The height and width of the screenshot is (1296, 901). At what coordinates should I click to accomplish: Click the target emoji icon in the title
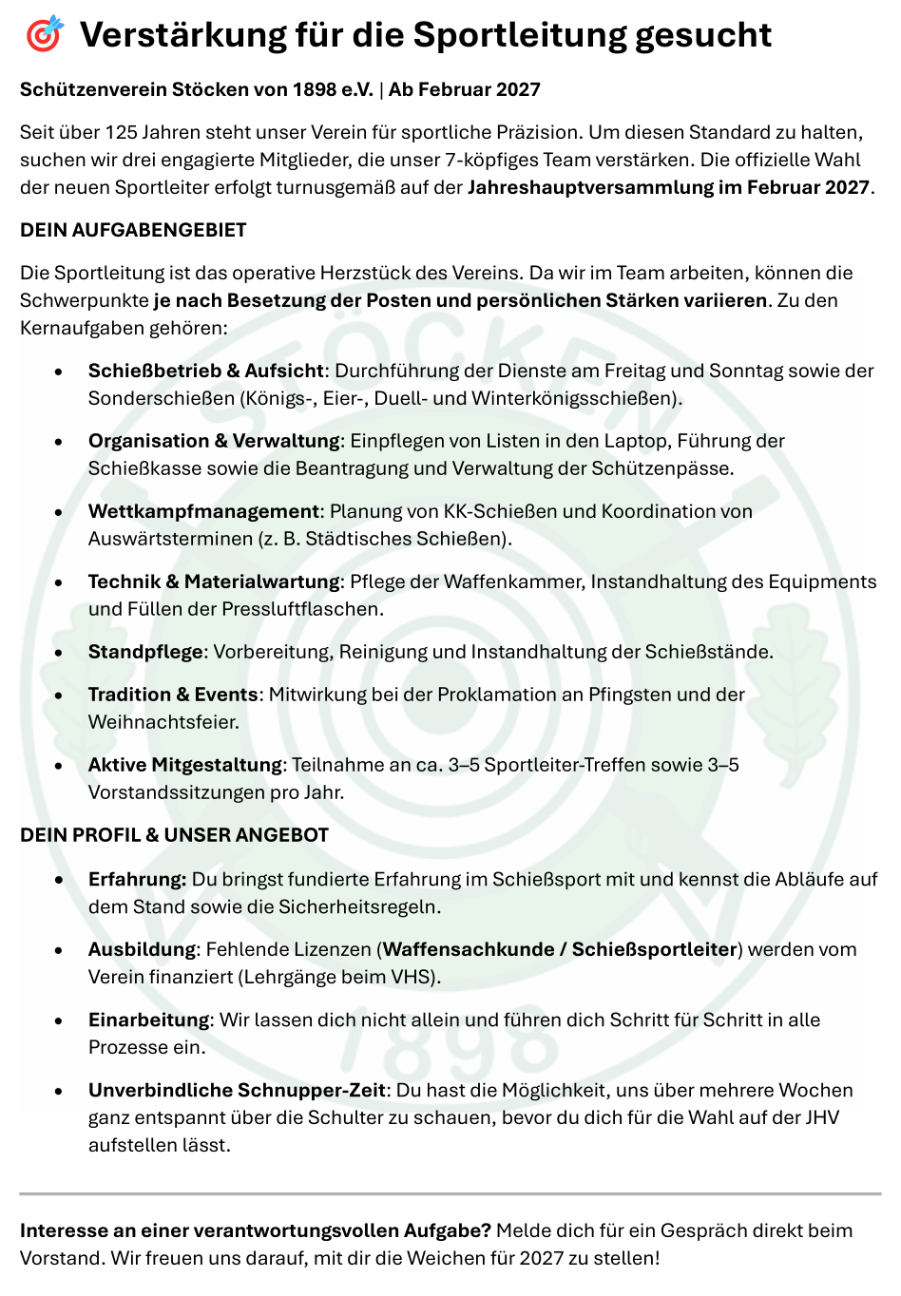[x=44, y=35]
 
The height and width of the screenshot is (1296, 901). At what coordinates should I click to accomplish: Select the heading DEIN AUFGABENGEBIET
[x=133, y=230]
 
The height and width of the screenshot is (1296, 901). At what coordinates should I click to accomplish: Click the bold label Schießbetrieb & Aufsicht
[x=206, y=371]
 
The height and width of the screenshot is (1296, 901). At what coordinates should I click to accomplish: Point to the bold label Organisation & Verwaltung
[x=214, y=441]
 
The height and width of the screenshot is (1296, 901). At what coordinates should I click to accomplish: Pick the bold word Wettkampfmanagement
[x=203, y=511]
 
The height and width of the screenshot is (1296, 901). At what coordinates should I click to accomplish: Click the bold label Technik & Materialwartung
[x=214, y=581]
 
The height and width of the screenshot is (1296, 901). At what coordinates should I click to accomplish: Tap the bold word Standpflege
[x=145, y=652]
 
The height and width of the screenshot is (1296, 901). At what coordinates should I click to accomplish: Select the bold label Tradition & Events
[x=173, y=695]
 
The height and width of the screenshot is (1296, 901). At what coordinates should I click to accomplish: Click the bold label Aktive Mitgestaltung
[x=185, y=765]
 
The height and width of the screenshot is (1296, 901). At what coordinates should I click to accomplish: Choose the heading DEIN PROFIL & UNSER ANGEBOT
[x=174, y=835]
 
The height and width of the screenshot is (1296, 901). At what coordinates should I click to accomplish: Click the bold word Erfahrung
[x=137, y=880]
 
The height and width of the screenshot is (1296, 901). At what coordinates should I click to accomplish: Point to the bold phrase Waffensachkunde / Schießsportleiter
[x=560, y=949]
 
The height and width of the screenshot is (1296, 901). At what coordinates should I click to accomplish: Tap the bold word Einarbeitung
[x=148, y=1020]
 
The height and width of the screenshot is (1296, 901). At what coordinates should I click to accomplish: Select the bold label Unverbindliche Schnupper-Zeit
[x=237, y=1090]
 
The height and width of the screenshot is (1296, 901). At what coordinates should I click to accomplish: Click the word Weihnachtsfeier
[x=163, y=722]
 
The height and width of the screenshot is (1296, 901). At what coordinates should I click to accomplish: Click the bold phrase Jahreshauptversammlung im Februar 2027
[x=668, y=187]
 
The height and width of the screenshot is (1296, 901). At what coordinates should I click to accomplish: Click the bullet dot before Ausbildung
[x=59, y=950]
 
